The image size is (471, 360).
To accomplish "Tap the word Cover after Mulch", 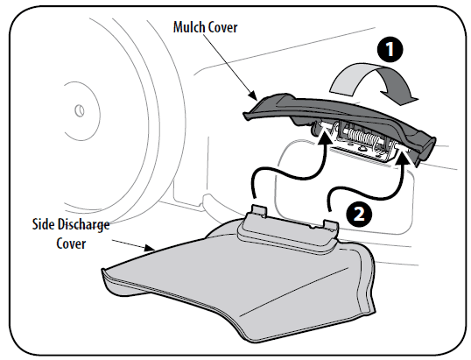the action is pyautogui.click(x=223, y=27).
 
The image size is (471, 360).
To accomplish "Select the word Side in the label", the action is pyautogui.click(x=43, y=224).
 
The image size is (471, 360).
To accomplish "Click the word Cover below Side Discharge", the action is pyautogui.click(x=71, y=244).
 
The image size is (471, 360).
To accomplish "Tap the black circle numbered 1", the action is pyautogui.click(x=390, y=49).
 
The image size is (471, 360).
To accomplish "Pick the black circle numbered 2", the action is pyautogui.click(x=359, y=215).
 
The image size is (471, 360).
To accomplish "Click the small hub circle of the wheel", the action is pyautogui.click(x=80, y=111).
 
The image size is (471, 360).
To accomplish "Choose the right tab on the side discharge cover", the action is pyautogui.click(x=331, y=225).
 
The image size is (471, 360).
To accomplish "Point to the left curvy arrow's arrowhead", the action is pyautogui.click(x=324, y=134).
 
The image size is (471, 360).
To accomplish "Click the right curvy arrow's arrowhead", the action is pyautogui.click(x=402, y=157).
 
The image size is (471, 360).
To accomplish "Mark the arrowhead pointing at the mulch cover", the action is pyautogui.click(x=253, y=95).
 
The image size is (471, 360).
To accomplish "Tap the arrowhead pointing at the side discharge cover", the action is pyautogui.click(x=149, y=248).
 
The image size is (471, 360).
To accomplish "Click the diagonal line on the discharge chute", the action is pyautogui.click(x=294, y=292).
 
